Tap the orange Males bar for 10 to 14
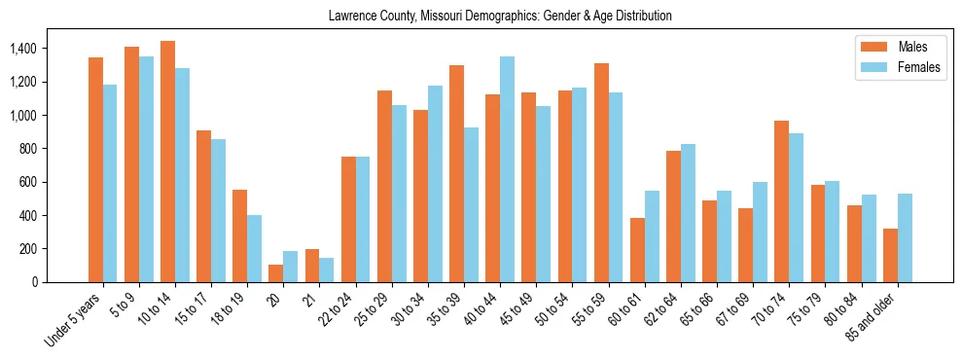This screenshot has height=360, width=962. point(167,162)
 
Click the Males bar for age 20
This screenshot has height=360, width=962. point(275,273)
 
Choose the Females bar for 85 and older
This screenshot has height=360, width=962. point(905,238)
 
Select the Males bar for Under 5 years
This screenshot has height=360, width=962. point(95,169)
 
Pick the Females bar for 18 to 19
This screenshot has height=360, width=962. point(254,248)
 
